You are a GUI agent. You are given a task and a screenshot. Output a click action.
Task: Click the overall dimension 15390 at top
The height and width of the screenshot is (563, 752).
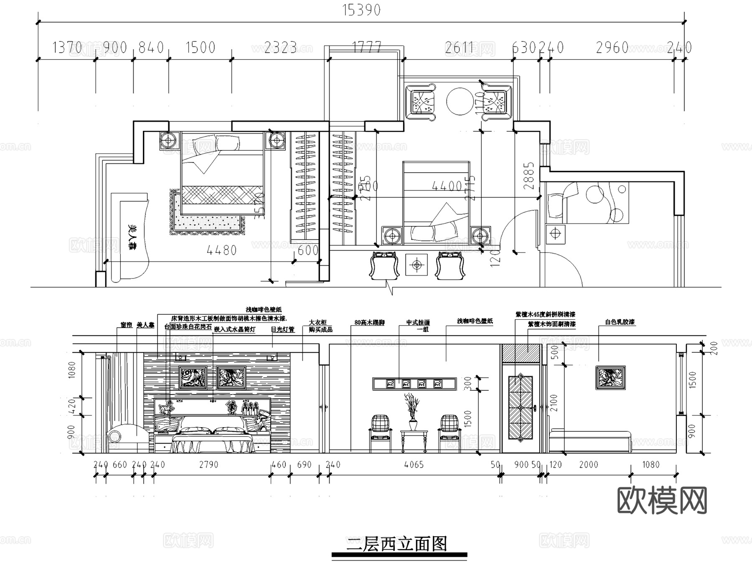click(361, 10)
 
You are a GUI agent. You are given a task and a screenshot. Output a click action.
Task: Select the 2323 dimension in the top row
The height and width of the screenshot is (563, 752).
click(280, 48)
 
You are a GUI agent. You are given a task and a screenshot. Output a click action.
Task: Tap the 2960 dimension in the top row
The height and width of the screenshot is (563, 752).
click(612, 48)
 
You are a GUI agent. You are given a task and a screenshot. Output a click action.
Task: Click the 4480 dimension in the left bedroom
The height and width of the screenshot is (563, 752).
click(221, 250)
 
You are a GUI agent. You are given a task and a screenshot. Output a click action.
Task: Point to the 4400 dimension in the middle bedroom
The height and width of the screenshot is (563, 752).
click(447, 186)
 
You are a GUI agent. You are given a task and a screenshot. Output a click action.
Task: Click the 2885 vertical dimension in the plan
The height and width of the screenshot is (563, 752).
click(529, 176)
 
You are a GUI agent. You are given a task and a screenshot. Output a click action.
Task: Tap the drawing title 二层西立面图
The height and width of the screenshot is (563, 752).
click(396, 544)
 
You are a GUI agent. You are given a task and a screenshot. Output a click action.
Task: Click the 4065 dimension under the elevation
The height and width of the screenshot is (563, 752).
click(414, 465)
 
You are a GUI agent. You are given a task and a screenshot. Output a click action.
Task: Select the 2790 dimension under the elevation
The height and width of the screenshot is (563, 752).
click(208, 465)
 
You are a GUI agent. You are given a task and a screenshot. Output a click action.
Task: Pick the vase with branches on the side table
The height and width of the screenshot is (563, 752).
click(413, 412)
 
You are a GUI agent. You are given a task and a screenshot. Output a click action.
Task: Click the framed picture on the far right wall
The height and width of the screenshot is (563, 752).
click(610, 378)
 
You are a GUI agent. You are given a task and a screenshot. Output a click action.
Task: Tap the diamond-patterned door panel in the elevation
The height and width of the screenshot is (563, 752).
click(520, 408)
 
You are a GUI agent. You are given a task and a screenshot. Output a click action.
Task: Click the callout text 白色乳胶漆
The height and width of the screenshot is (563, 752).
click(620, 322)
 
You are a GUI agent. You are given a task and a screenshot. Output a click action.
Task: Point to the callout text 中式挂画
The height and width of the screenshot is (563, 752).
click(418, 323)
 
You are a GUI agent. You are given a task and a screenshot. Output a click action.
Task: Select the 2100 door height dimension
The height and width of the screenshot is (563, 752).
click(554, 403)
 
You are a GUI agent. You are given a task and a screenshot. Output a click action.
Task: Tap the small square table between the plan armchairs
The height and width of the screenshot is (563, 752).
click(416, 265)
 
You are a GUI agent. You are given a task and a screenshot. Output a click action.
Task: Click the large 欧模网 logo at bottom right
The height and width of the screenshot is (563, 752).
click(662, 500)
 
